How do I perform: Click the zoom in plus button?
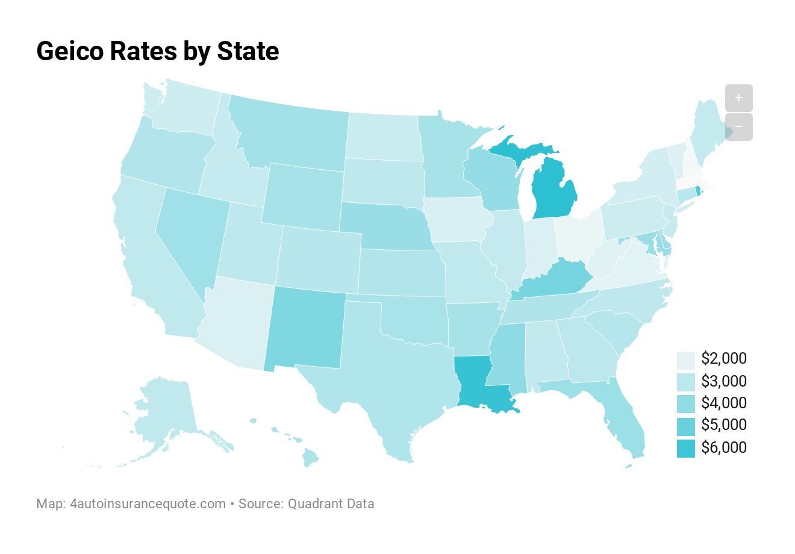[738, 98]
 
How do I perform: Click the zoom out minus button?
[738, 127]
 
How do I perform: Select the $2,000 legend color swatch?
[685, 359]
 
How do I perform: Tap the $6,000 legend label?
[723, 447]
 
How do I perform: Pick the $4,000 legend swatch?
[685, 403]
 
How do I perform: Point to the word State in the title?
[248, 51]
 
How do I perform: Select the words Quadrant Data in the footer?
[331, 503]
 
